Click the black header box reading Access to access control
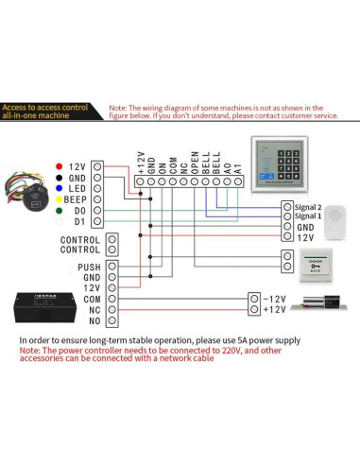(x=51, y=112)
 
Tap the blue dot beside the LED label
(x=60, y=189)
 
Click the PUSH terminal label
(x=89, y=267)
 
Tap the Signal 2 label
(x=309, y=206)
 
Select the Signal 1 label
(x=309, y=216)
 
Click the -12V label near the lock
(x=273, y=299)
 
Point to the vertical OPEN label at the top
(x=194, y=160)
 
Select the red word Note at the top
(x=120, y=109)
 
